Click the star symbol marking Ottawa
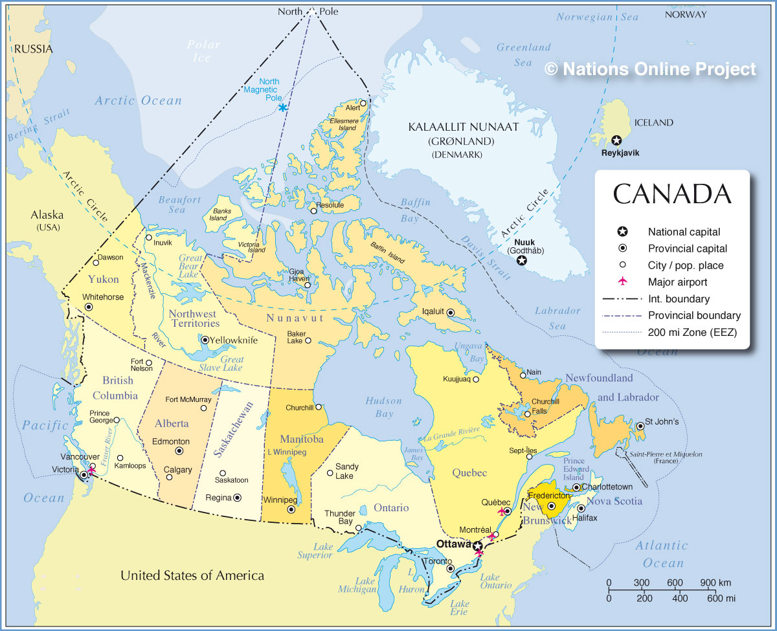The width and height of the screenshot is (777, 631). tap(477, 546)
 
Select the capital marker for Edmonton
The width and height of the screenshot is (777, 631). tap(179, 451)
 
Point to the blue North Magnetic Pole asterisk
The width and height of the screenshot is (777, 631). tap(283, 107)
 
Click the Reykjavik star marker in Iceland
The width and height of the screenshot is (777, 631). tap(616, 140)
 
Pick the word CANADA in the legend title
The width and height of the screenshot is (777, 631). tap(672, 194)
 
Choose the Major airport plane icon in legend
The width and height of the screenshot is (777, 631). tap(622, 282)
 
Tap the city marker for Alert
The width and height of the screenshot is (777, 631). tap(364, 103)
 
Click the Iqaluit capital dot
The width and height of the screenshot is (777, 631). tap(451, 312)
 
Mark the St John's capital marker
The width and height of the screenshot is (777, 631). tap(640, 426)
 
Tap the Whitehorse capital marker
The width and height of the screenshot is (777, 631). tap(89, 307)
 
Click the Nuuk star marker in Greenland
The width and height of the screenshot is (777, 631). tap(521, 260)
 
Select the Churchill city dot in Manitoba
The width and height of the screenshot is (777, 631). tap(318, 407)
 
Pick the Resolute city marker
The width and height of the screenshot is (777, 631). tap(313, 210)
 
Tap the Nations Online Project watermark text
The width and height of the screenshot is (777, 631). tap(650, 69)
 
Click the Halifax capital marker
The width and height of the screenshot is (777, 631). tap(581, 508)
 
